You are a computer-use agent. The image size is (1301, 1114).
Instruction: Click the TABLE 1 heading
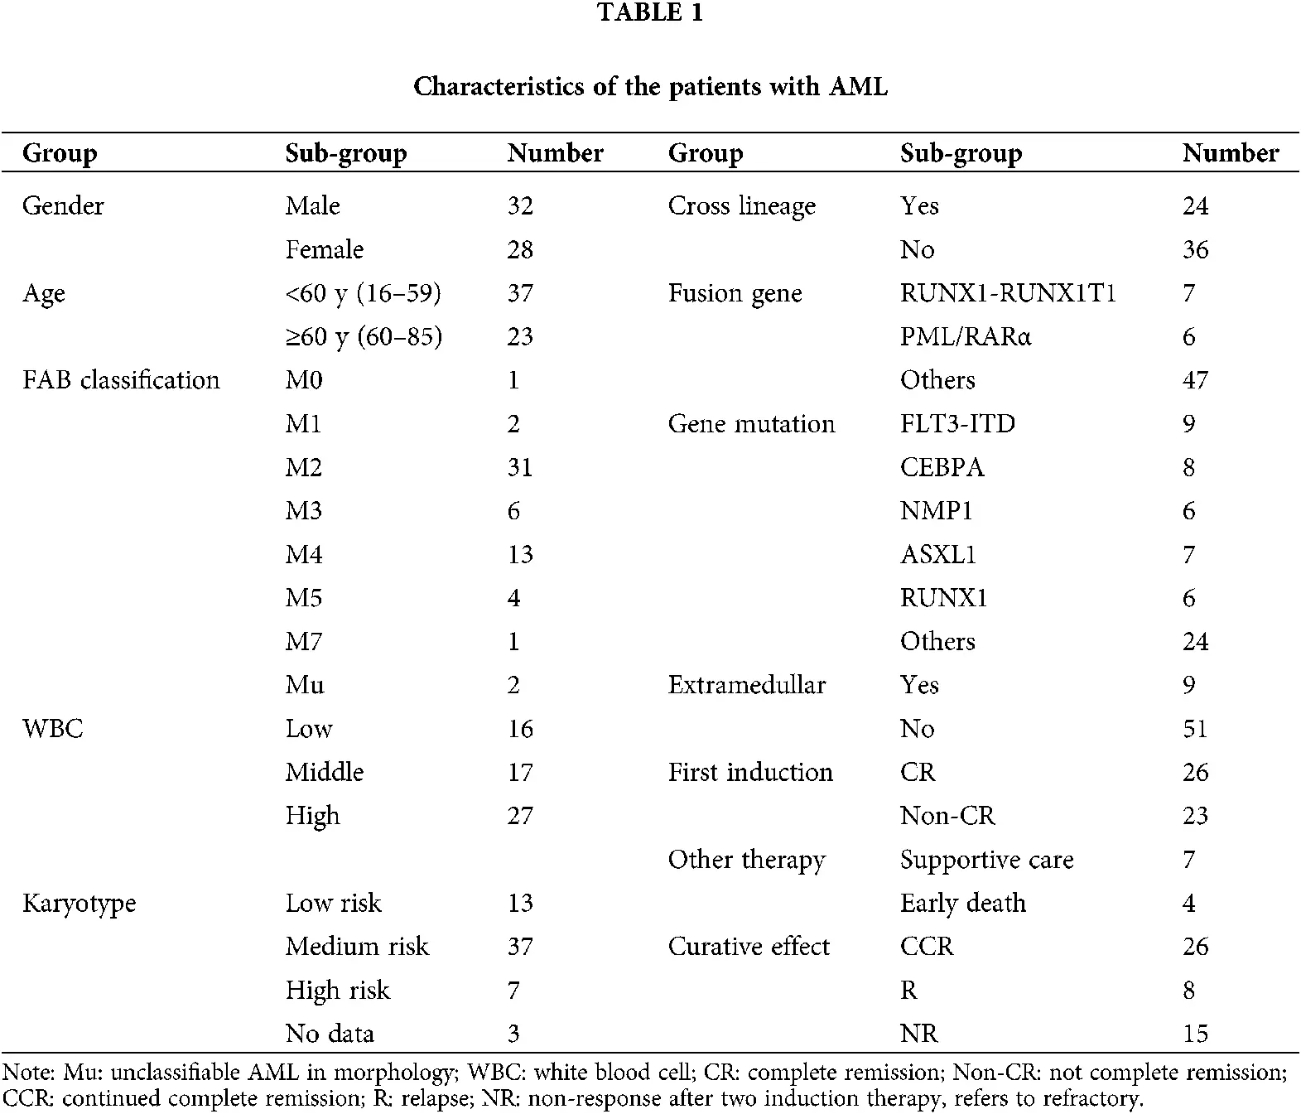[650, 12]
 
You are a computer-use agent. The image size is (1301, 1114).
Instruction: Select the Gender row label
[63, 205]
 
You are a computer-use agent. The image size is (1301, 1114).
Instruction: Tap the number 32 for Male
[520, 205]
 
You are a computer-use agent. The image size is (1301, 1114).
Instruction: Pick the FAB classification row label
[121, 380]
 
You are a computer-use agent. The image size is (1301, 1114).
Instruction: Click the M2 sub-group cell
[303, 467]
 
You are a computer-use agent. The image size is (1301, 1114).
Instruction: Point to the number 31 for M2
[520, 467]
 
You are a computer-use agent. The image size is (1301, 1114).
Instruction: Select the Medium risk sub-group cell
[357, 946]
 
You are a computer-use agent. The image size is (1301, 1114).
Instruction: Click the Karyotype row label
[79, 903]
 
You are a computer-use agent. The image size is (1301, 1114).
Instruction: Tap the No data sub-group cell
[330, 1034]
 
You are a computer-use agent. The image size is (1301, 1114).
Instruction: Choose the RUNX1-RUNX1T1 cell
[1008, 293]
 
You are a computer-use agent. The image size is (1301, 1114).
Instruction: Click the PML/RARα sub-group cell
[966, 337]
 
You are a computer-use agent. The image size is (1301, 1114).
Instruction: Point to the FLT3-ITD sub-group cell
[957, 424]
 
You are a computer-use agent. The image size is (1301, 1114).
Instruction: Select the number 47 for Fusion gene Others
[1195, 380]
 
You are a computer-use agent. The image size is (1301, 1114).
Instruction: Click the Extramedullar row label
[746, 685]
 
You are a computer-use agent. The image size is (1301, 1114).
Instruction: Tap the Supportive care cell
[986, 860]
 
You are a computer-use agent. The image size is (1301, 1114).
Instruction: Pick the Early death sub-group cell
[962, 903]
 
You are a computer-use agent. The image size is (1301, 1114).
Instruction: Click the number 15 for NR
[1195, 1034]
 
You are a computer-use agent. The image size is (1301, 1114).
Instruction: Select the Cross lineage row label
[741, 205]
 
